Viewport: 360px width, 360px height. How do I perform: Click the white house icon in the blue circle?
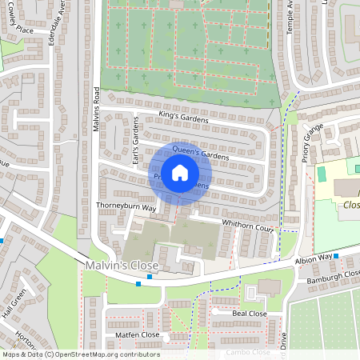181,173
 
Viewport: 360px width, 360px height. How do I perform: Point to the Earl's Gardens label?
136,141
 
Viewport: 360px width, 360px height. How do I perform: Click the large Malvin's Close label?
121,266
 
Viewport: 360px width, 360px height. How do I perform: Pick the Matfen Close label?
137,335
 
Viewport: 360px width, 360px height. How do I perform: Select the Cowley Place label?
18,29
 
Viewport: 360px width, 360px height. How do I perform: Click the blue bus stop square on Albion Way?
336,256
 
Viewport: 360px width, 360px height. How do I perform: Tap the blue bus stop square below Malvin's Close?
139,282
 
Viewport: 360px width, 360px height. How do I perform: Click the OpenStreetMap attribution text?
80,354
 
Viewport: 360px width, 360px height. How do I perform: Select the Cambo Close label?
249,352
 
